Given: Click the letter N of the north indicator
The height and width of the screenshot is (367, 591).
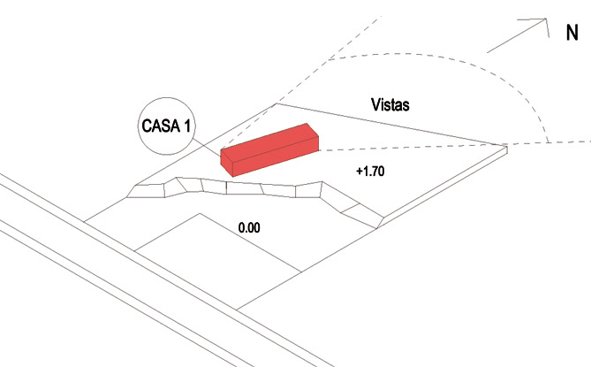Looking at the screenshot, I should (572, 33).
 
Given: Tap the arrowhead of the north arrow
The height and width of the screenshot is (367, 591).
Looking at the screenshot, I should (537, 22).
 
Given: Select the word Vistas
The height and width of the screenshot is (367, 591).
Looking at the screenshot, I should (390, 105).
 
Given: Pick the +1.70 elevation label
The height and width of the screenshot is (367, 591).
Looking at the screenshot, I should (369, 171).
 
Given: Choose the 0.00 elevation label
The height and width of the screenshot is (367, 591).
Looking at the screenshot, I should (249, 227).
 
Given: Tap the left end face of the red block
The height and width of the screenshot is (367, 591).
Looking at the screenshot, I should (225, 164).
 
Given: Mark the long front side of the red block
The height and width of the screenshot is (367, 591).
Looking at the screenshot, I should (274, 157).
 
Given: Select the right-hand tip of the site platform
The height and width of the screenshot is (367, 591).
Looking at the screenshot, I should (504, 149).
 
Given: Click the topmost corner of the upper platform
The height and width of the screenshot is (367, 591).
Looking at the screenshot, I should (277, 103).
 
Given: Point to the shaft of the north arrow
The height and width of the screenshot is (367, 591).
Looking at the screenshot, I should (512, 36).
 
